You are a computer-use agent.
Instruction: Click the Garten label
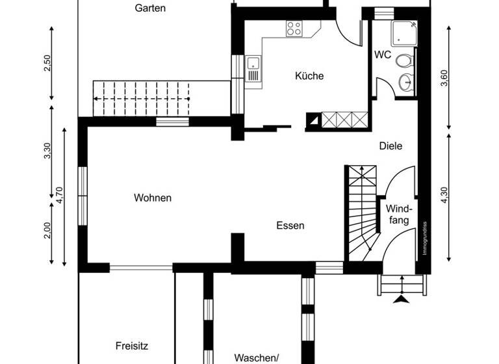click(x=150, y=8)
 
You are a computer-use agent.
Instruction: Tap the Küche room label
click(x=309, y=76)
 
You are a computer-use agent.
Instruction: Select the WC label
click(x=383, y=55)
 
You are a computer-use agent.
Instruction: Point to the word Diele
click(x=390, y=146)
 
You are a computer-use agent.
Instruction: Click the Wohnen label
click(x=153, y=198)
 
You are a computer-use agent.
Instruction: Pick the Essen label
click(x=290, y=226)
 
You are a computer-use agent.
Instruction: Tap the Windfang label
click(x=398, y=214)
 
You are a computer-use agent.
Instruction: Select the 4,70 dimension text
click(x=60, y=195)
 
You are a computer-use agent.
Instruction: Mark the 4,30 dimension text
click(x=444, y=196)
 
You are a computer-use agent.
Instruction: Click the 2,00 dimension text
click(x=47, y=231)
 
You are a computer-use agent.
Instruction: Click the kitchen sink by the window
click(x=253, y=65)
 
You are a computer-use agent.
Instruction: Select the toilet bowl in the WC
click(x=405, y=61)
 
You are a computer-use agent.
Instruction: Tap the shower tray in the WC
click(x=403, y=32)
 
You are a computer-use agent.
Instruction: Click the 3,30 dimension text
click(x=47, y=151)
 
